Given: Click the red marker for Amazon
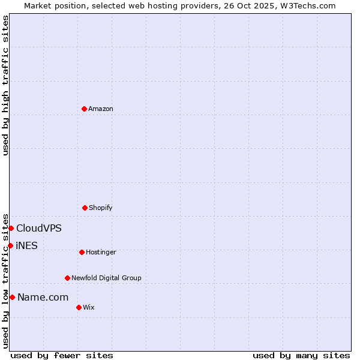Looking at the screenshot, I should click(x=84, y=109).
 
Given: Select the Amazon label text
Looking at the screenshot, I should click(x=101, y=109).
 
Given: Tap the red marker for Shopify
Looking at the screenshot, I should click(x=85, y=208).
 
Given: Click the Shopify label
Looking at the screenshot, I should click(x=101, y=208).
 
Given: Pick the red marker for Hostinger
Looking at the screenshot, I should click(x=82, y=252).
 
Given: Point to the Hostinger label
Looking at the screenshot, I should click(x=101, y=252).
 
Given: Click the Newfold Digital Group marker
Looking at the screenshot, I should click(x=67, y=278).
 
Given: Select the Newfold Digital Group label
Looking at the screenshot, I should click(x=106, y=278).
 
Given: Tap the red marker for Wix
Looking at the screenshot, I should click(x=79, y=307).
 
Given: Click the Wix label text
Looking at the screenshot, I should click(x=89, y=307).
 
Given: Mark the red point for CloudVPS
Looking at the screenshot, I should click(x=11, y=228).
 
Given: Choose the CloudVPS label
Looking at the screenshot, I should click(x=38, y=228).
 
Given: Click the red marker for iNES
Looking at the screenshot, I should click(x=10, y=245).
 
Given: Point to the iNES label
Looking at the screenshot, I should click(x=26, y=245).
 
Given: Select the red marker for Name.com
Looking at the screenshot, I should click(x=12, y=297).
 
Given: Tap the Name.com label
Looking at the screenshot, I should click(x=43, y=297).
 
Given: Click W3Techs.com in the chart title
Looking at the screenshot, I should click(x=310, y=5).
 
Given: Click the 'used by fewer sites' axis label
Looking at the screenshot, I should click(x=62, y=355).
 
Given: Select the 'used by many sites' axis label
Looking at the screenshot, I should click(x=301, y=355).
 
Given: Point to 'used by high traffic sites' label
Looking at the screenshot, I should click(x=5, y=85).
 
